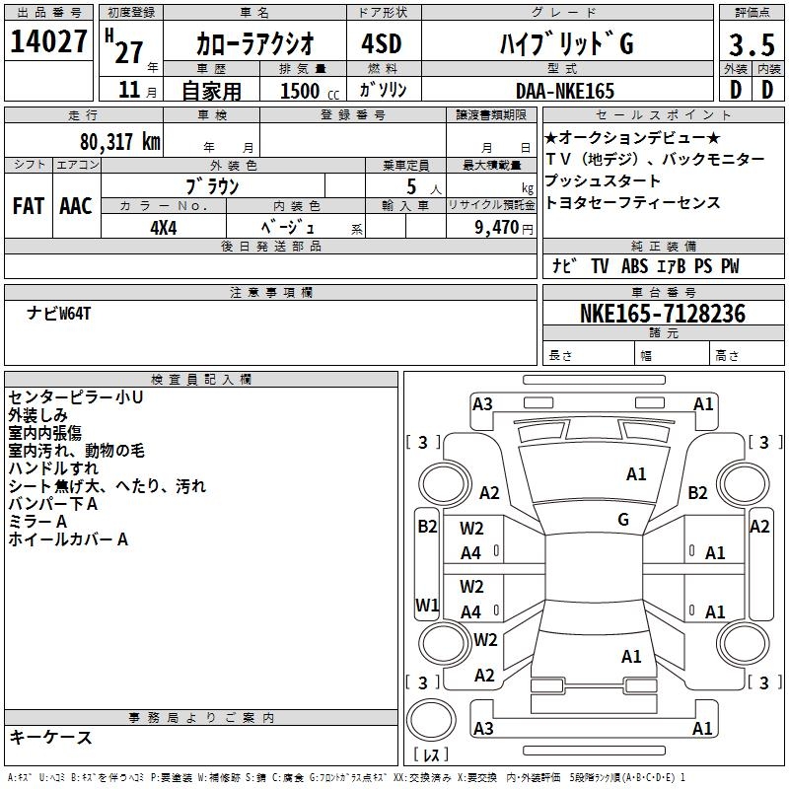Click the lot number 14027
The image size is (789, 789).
(48, 41)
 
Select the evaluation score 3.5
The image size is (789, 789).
(752, 44)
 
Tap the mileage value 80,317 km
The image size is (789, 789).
(119, 141)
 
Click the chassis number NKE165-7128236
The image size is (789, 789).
(663, 314)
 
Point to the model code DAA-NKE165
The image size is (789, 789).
(565, 91)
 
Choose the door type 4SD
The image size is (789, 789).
(382, 43)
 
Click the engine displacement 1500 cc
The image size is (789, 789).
(310, 91)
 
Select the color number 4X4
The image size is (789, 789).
(164, 228)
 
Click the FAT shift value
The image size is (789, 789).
(29, 206)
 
